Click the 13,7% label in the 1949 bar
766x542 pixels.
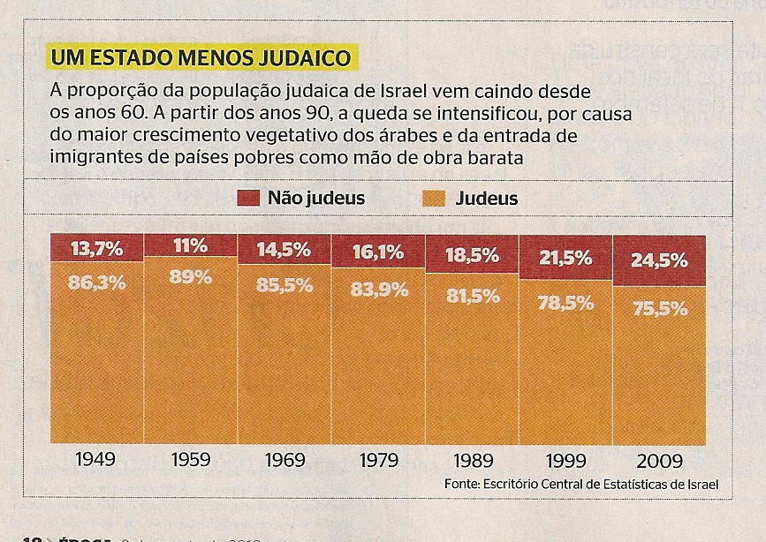pos(97,249)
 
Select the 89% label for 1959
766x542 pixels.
pos(191,276)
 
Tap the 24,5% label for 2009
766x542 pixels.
pos(660,261)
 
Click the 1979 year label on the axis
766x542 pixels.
pos(378,460)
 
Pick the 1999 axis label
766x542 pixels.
pos(565,460)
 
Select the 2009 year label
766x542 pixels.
pos(659,460)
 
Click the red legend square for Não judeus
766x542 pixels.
pos(247,198)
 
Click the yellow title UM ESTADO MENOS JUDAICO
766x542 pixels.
pos(200,60)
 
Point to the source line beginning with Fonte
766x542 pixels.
pos(581,485)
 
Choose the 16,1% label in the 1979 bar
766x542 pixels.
pos(377,252)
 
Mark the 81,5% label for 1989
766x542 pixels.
pos(472,297)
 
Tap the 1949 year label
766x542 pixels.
pos(96,460)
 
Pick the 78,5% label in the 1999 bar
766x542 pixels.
pos(565,302)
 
